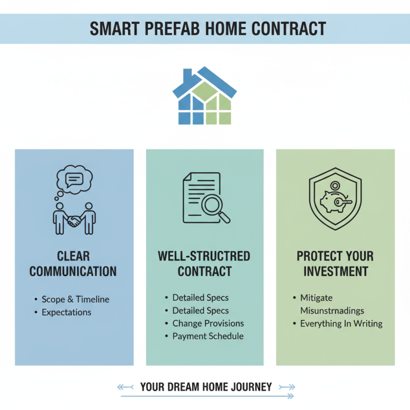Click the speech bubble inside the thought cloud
(x=75, y=179)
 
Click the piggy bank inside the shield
(x=332, y=201)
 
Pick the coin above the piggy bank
(x=335, y=186)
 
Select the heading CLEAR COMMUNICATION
(x=73, y=263)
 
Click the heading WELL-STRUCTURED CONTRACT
(x=204, y=263)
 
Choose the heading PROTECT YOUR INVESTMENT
(x=335, y=263)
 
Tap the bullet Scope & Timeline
(x=75, y=299)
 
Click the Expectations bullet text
(x=67, y=312)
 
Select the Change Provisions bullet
(x=208, y=323)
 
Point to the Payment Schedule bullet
(x=208, y=336)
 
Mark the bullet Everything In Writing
(x=341, y=323)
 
